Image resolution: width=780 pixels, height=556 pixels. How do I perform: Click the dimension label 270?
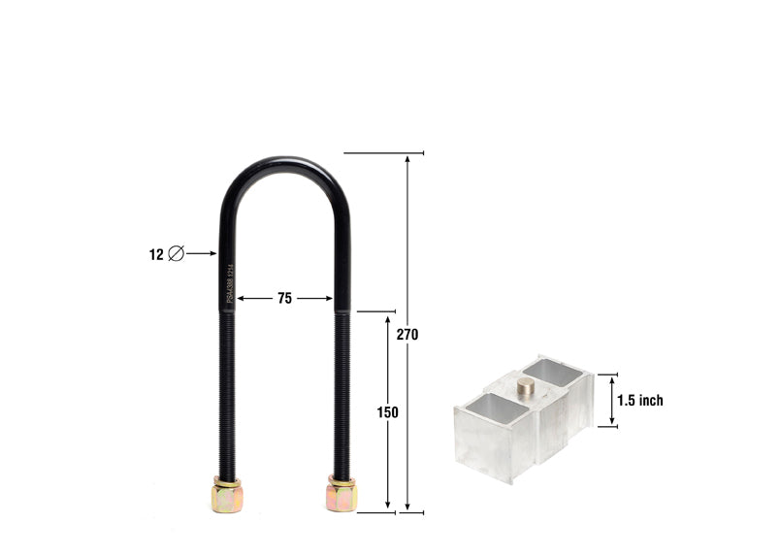tap(407, 334)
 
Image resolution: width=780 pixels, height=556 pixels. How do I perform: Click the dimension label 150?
tap(387, 411)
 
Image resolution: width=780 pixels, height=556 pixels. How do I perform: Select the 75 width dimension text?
tap(284, 299)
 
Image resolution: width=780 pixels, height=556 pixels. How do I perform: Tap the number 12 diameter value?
tap(156, 254)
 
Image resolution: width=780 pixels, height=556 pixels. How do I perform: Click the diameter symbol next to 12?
tap(176, 254)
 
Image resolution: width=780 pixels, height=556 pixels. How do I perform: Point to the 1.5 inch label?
tap(640, 400)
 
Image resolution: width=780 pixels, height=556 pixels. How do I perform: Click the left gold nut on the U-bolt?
tap(226, 496)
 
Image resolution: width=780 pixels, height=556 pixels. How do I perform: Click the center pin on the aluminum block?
tap(525, 387)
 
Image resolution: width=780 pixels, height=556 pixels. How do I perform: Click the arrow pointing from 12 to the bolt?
tap(201, 254)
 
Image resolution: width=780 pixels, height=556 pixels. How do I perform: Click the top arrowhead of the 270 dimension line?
tap(407, 158)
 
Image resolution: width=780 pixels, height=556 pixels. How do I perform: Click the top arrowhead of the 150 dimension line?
tap(387, 318)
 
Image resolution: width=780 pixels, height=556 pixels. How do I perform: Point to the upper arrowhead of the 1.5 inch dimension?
tap(612, 379)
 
